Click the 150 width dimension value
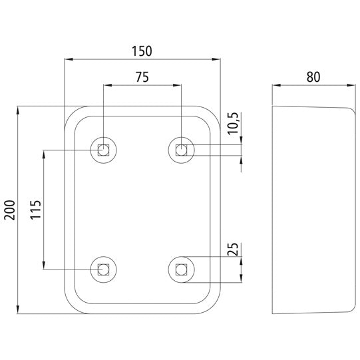142,51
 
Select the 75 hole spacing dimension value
142,77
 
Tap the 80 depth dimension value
313,77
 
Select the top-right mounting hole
181,150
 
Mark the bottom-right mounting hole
181,269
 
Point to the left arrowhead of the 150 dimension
68,60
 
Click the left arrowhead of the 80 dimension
277,85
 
